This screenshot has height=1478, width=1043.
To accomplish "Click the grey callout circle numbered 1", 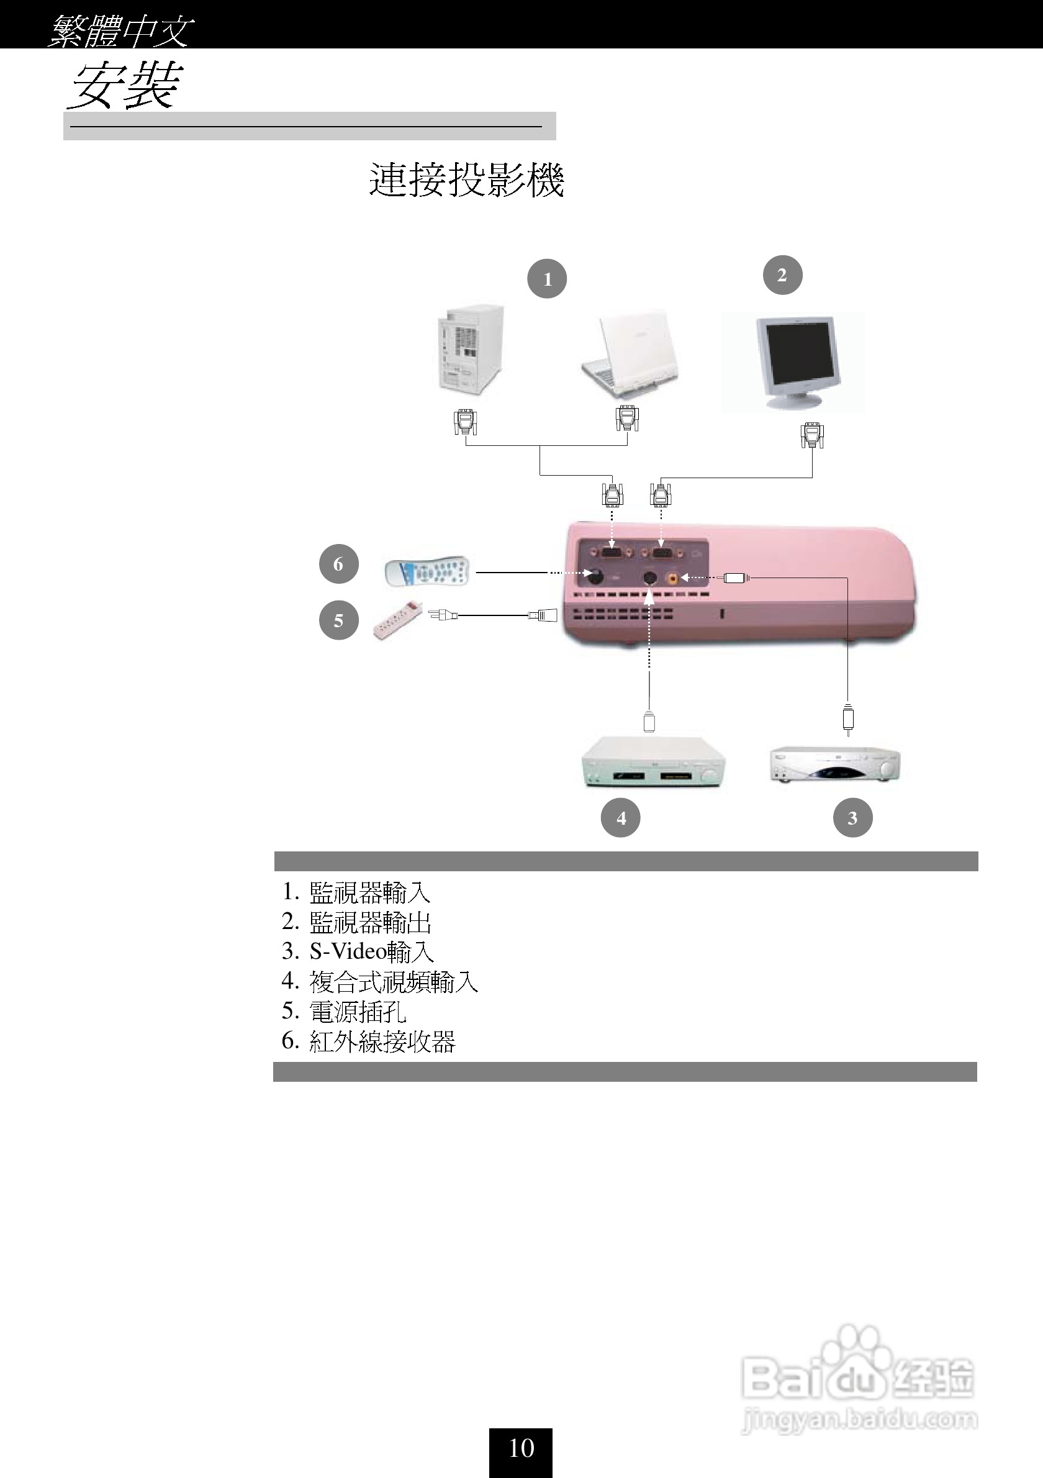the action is [547, 279].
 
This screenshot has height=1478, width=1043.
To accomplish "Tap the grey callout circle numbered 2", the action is [782, 275].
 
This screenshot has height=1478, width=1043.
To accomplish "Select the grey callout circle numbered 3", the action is [852, 817].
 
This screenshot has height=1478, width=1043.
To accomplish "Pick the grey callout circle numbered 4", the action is [620, 817].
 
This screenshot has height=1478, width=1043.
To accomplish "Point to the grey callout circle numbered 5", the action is [338, 620].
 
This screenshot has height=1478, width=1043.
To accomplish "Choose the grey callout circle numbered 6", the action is [338, 564].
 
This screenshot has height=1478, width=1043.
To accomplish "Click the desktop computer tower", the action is [471, 352].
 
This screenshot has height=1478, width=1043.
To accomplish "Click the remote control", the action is [427, 571].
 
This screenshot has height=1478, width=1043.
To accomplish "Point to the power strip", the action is [397, 619].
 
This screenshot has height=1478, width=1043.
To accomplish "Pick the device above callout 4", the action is [653, 763].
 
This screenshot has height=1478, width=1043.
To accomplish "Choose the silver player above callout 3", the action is [835, 764].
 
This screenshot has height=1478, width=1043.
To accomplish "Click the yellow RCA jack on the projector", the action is [673, 578].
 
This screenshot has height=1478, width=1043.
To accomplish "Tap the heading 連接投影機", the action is [466, 179].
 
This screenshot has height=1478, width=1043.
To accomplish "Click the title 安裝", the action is [124, 86].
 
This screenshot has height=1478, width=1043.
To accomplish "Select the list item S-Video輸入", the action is [371, 951].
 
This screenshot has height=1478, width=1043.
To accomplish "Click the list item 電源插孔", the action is [357, 1011].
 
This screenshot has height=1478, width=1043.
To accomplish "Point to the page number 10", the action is [521, 1448].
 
